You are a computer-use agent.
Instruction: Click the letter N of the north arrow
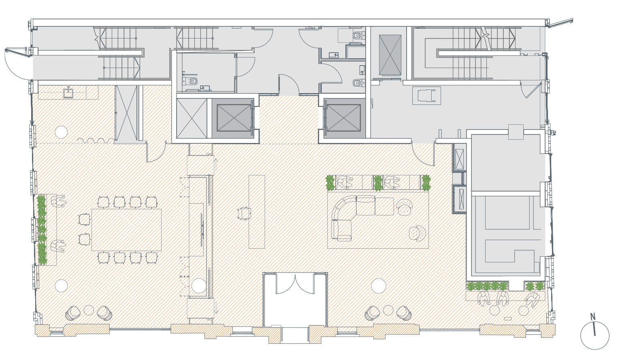pos(592,316)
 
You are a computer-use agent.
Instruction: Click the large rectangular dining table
pos(127,230)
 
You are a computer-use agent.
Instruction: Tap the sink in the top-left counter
pos(68,92)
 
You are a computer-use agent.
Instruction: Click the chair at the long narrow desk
pos(244,213)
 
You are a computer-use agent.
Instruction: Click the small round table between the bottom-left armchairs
pos(89,310)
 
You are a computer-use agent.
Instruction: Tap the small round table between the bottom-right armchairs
pos(388,310)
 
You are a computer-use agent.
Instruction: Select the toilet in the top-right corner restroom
pos(358,35)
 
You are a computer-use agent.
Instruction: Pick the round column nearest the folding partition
pos(61,132)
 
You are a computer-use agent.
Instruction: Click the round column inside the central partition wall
pos(198,285)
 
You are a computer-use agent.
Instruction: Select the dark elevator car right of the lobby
pos(343,118)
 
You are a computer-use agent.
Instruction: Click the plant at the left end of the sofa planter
pos(330,183)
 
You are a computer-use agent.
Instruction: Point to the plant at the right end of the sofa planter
pos(426,183)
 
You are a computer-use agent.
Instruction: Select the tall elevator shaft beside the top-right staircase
pos(390,55)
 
